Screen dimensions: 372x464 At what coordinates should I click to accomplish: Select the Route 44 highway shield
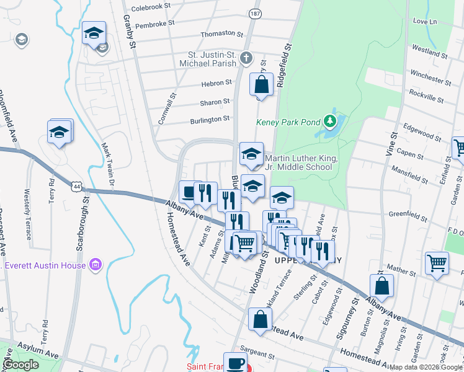pyautogui.click(x=76, y=185)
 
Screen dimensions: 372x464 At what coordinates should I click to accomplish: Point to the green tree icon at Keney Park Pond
pyautogui.click(x=331, y=120)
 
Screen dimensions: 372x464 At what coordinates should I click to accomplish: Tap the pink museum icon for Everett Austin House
pyautogui.click(x=95, y=265)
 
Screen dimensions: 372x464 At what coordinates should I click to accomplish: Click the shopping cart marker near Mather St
pyautogui.click(x=437, y=262)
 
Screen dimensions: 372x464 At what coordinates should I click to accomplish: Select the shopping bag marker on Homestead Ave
pyautogui.click(x=260, y=319)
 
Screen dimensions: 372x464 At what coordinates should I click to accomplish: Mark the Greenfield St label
pyautogui.click(x=408, y=216)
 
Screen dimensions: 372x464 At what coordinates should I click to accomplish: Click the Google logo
pyautogui.click(x=21, y=365)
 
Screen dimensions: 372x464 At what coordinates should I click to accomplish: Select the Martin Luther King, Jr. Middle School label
pyautogui.click(x=301, y=163)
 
